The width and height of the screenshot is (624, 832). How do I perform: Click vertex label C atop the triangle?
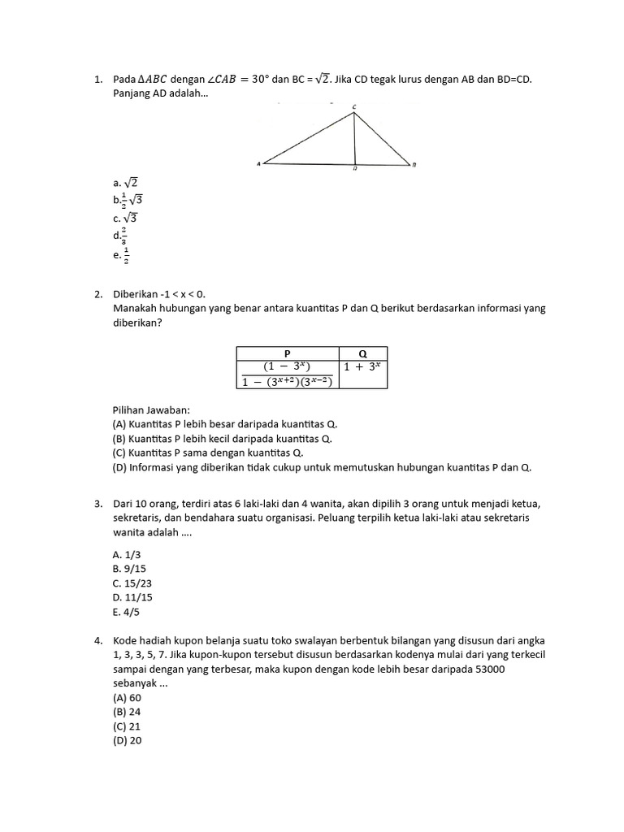click(354, 107)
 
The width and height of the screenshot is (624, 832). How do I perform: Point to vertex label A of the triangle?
click(258, 164)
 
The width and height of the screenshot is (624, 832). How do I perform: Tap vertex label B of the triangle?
click(414, 165)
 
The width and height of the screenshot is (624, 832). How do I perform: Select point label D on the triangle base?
click(355, 170)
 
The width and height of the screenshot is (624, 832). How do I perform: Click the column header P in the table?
click(287, 353)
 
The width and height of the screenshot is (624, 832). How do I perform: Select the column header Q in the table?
click(362, 353)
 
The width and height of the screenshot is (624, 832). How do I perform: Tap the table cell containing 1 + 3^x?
click(362, 366)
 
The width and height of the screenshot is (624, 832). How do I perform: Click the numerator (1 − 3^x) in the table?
click(287, 366)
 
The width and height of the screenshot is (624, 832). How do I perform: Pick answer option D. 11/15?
click(132, 598)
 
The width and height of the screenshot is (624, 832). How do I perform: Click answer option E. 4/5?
click(128, 613)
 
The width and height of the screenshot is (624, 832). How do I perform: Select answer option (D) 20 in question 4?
click(128, 741)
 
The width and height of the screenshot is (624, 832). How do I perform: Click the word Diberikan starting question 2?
click(136, 294)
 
